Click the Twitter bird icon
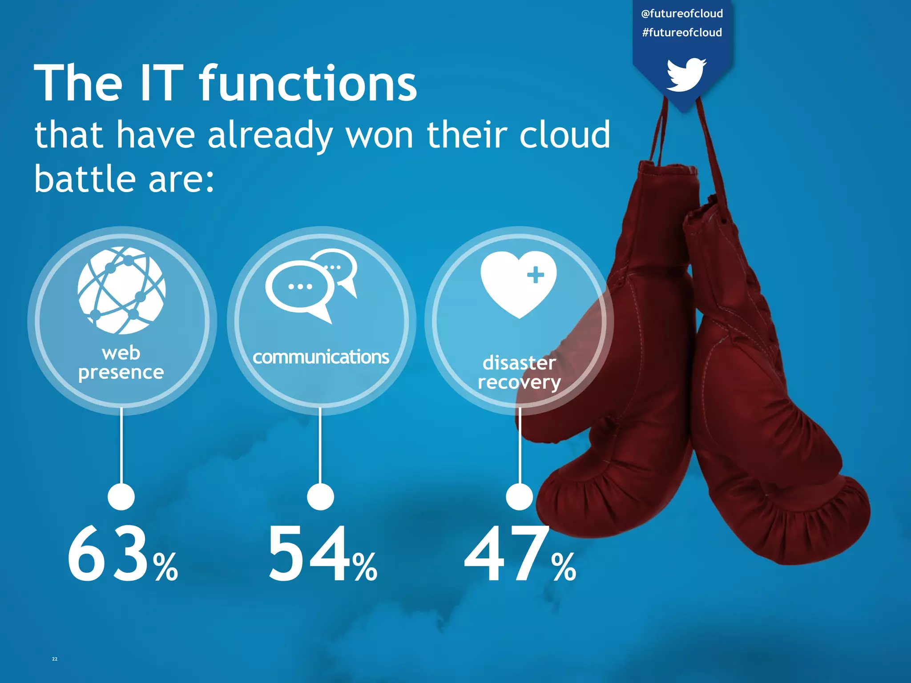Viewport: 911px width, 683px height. coord(685,75)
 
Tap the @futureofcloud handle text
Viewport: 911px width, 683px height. coord(682,14)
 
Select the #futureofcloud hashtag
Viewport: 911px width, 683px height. coord(682,32)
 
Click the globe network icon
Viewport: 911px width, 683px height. coord(121,290)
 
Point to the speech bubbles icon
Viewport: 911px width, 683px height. coord(311,285)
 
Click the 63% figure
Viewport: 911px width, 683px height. coord(122,554)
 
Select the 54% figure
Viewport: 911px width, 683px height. coord(322,554)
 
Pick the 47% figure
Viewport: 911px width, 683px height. coord(520,554)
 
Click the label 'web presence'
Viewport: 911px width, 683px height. coord(121,363)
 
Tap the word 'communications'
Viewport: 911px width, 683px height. coord(321,357)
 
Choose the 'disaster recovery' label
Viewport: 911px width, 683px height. coord(519,373)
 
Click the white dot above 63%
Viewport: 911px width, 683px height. coord(121,497)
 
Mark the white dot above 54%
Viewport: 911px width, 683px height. coord(320,497)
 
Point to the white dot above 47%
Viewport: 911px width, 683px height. coord(519,497)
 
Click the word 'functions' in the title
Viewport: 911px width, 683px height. coord(308,83)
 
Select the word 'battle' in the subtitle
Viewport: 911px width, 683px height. coord(85,179)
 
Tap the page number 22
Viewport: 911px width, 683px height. coord(55,659)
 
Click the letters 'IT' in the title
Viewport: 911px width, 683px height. coord(161,83)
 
